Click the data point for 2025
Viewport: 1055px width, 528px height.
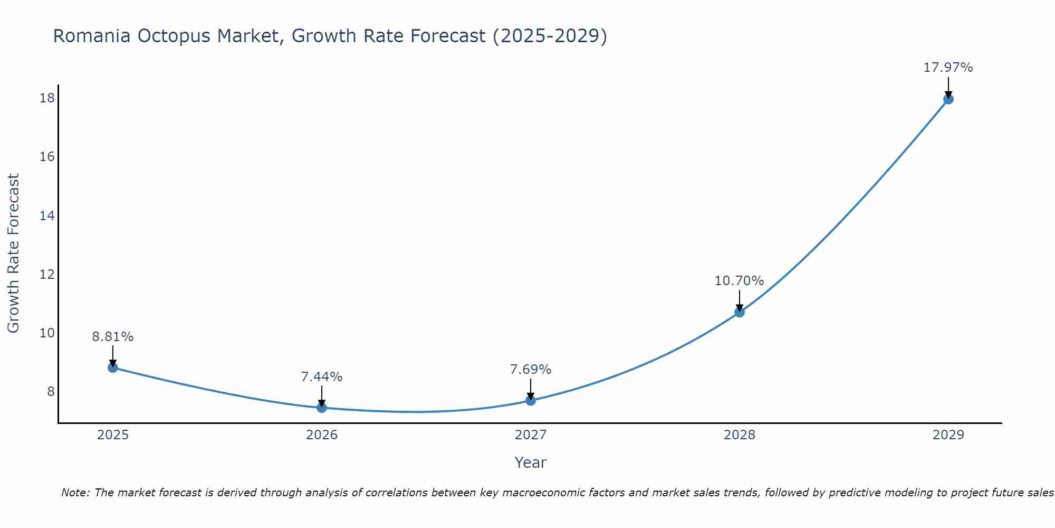[113, 367]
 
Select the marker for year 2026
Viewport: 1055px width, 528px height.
[322, 408]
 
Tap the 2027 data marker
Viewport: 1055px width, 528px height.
[531, 400]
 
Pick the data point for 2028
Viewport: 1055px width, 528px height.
[740, 312]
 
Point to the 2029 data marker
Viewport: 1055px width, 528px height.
[948, 99]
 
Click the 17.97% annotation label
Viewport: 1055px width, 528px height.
[948, 68]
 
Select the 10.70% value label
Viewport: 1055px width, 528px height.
[739, 281]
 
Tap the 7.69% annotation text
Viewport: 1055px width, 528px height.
[530, 370]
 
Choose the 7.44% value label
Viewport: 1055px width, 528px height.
[322, 377]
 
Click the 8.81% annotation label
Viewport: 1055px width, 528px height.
[113, 337]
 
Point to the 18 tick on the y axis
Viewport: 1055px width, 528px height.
[47, 98]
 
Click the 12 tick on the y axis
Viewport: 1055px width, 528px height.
[47, 275]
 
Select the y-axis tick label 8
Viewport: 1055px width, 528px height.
[51, 392]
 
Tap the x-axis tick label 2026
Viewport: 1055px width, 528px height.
[322, 435]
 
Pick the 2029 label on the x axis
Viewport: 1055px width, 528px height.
[948, 435]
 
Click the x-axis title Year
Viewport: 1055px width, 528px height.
[530, 463]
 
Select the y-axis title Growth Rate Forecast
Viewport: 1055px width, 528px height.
[13, 253]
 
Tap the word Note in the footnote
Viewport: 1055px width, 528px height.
[76, 493]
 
